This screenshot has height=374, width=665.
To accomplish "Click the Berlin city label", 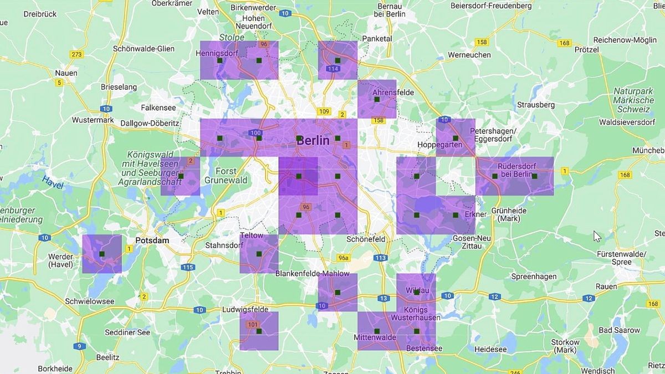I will tap(313, 141).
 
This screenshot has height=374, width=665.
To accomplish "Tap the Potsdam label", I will tap(152, 241).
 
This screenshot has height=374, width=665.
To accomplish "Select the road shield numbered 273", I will tap(76, 54).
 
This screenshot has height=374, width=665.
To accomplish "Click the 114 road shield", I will tap(333, 69).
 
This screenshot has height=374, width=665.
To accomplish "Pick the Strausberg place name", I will tap(535, 104).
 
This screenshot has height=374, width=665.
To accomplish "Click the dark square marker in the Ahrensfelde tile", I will tap(377, 100).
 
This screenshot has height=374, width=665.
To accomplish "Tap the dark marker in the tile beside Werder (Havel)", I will tap(102, 254).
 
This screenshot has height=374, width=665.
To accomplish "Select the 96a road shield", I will tap(344, 258).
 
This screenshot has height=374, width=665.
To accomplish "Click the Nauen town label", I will tap(66, 73).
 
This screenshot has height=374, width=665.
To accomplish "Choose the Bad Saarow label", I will tap(620, 330).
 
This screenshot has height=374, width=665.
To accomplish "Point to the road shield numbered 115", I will tap(187, 267).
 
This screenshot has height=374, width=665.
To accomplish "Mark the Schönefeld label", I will tap(366, 239).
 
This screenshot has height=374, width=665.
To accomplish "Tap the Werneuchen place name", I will tap(469, 55).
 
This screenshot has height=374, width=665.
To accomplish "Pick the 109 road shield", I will tap(324, 111).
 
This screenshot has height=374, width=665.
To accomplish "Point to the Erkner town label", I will tap(475, 214).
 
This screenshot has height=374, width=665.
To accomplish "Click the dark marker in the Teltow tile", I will tap(259, 254).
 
